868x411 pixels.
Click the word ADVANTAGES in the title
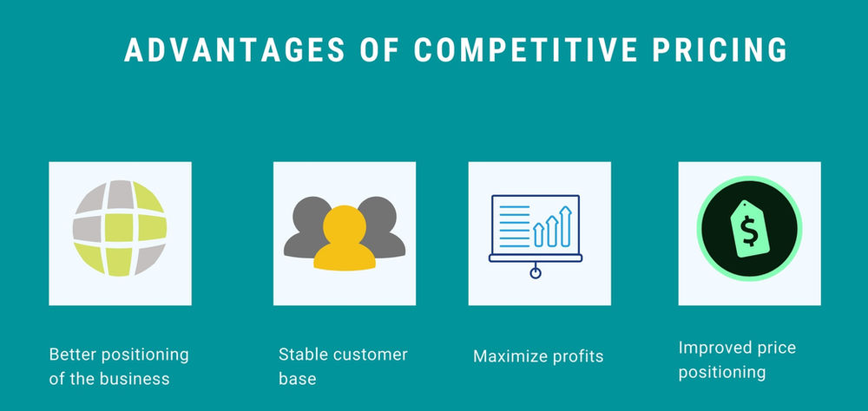(x=233, y=50)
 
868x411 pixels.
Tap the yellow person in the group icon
(x=344, y=238)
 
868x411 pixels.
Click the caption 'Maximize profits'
(x=538, y=356)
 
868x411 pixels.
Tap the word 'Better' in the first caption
(x=74, y=354)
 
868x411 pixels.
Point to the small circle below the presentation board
(x=536, y=273)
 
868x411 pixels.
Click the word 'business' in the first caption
(x=141, y=379)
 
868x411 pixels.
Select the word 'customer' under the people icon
(x=369, y=354)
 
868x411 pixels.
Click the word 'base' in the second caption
(x=297, y=379)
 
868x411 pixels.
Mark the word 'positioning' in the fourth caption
(x=722, y=373)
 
